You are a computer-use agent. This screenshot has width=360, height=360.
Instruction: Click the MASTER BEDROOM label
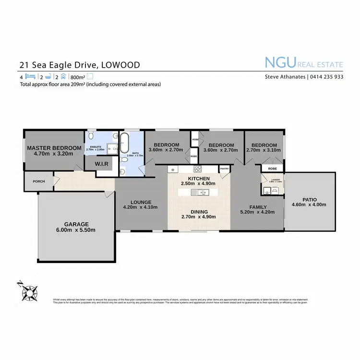pos(54,148)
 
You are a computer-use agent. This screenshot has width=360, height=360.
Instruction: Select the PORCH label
pos(38,181)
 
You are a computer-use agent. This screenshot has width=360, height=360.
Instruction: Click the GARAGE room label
pos(77,224)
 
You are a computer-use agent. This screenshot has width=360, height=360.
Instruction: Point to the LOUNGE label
pos(141,202)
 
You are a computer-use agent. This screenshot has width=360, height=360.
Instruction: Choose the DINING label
pos(198,212)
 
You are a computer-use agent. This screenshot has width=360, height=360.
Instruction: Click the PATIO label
pos(309,199)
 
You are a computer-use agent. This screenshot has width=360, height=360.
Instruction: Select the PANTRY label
pos(224,169)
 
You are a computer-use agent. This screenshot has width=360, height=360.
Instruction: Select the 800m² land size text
pos(77,77)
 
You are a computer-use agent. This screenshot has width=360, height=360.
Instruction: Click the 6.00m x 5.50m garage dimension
pos(77,230)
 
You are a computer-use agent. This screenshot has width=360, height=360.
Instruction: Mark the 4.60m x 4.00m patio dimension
pos(309,204)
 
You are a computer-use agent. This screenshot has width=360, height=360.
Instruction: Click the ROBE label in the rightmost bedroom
pos(272,169)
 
